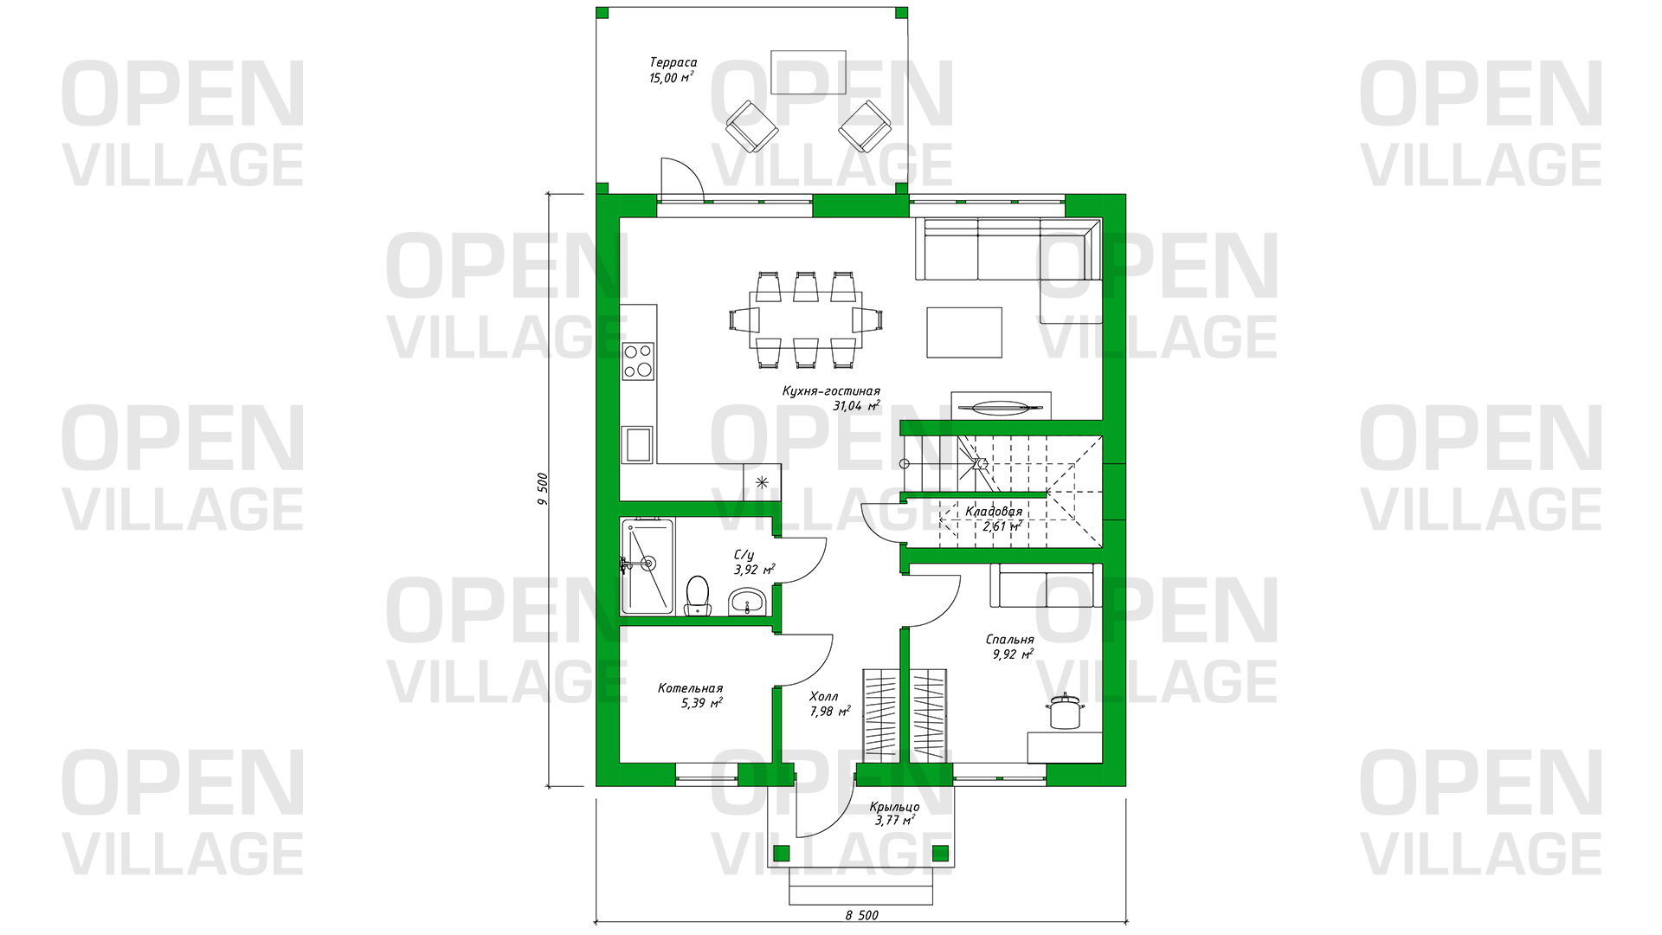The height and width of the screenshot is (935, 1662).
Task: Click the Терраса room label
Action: click(x=673, y=62)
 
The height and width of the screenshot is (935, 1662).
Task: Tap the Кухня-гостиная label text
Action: click(x=831, y=391)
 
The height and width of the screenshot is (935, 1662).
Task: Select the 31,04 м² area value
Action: click(x=856, y=405)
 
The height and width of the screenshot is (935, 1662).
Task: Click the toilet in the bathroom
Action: click(x=697, y=596)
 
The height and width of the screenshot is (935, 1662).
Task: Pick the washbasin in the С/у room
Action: click(x=746, y=601)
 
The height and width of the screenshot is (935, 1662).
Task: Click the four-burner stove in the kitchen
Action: click(x=638, y=361)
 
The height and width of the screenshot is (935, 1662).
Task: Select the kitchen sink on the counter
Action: click(x=639, y=444)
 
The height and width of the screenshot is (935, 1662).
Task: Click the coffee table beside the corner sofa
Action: click(x=964, y=332)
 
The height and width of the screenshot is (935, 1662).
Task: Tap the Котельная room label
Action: click(x=690, y=688)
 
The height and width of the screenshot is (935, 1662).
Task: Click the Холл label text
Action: click(x=823, y=696)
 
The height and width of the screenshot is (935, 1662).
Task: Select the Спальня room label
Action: click(x=1009, y=640)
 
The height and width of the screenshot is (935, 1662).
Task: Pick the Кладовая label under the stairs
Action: click(x=994, y=512)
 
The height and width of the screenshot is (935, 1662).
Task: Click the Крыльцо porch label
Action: click(x=894, y=807)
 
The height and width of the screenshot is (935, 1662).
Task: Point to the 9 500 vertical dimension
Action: click(x=543, y=489)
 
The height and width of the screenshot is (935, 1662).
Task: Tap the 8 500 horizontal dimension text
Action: click(x=862, y=915)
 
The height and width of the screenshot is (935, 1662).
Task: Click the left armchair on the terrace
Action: click(x=751, y=126)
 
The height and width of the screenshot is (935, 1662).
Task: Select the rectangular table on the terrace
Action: click(x=808, y=72)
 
